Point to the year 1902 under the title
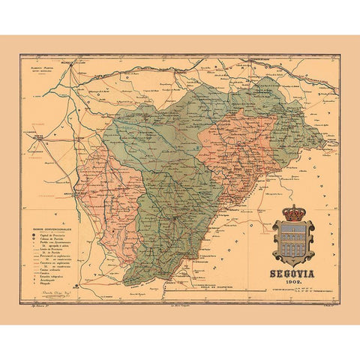click(294, 283)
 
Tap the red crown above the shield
click(293, 212)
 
